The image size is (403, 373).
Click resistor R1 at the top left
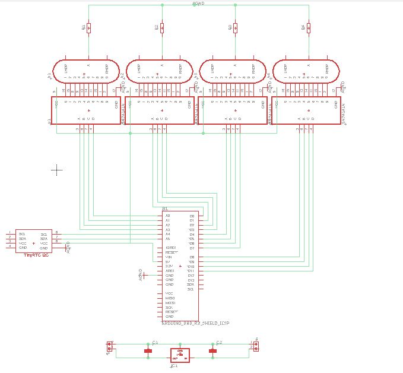[x=88, y=27]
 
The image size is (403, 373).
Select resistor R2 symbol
[x=162, y=27]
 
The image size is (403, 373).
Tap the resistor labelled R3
[x=235, y=27]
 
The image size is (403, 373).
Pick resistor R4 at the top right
[x=309, y=27]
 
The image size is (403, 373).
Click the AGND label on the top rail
[x=199, y=4]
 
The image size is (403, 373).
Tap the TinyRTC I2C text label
[x=35, y=255]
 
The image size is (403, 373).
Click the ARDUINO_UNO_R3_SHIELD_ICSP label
[x=195, y=323]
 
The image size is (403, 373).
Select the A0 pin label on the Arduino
[x=168, y=216]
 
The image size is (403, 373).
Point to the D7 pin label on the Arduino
[x=192, y=248]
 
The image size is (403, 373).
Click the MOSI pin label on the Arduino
[x=170, y=302]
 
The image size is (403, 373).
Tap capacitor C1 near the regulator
[x=148, y=351]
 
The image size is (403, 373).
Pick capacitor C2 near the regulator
[x=212, y=351]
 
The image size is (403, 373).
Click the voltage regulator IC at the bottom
[x=179, y=355]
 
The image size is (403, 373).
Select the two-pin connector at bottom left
[x=109, y=346]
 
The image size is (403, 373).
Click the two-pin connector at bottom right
[x=256, y=346]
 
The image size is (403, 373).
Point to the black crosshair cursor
[x=56, y=170]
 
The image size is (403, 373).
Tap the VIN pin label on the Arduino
[x=169, y=257]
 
